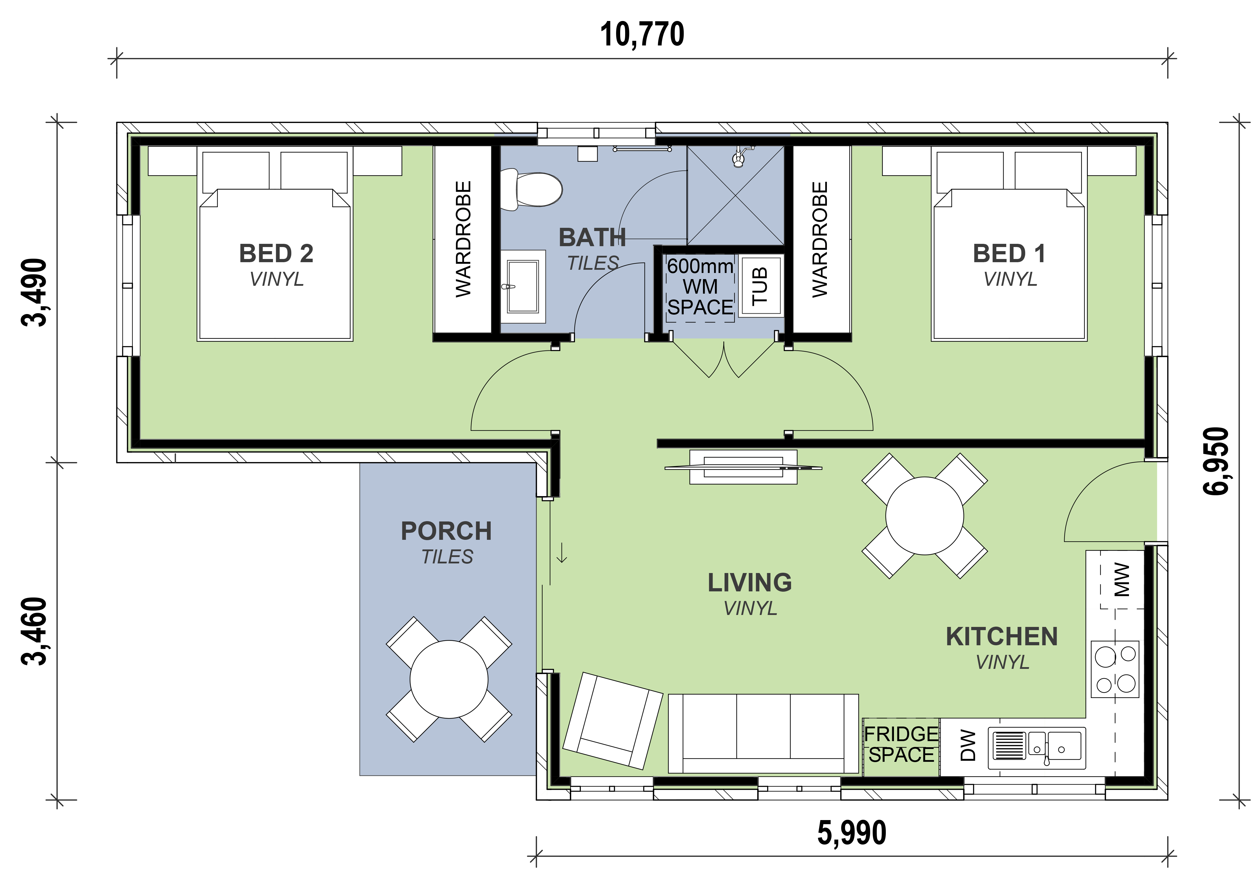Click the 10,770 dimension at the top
pyautogui.click(x=642, y=35)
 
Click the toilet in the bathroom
pyautogui.click(x=532, y=189)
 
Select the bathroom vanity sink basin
pyautogui.click(x=522, y=286)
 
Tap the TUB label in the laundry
pyautogui.click(x=760, y=286)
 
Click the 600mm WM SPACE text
pyautogui.click(x=700, y=287)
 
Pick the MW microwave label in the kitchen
pyautogui.click(x=1121, y=580)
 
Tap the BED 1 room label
pyautogui.click(x=1009, y=254)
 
